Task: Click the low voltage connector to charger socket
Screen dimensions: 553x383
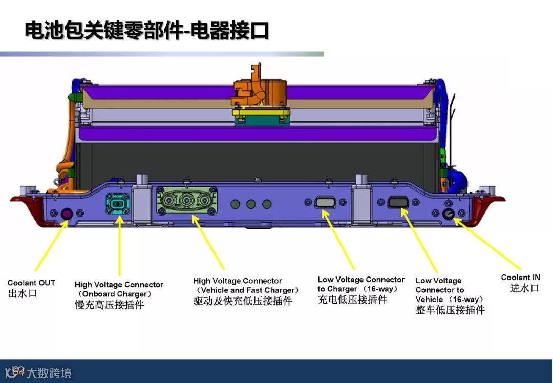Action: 326,203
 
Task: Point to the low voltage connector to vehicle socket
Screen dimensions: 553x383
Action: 397,202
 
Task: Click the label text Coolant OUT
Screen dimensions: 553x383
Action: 31,283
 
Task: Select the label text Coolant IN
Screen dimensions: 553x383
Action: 520,278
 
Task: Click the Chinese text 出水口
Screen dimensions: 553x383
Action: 23,294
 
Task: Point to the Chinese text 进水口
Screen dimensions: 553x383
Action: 524,288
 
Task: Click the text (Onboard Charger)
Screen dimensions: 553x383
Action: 115,294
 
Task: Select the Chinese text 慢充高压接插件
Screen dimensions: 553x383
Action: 110,305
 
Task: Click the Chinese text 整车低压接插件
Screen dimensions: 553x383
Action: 450,310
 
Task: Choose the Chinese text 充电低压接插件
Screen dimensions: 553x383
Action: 352,300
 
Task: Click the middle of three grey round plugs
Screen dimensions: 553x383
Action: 251,204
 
